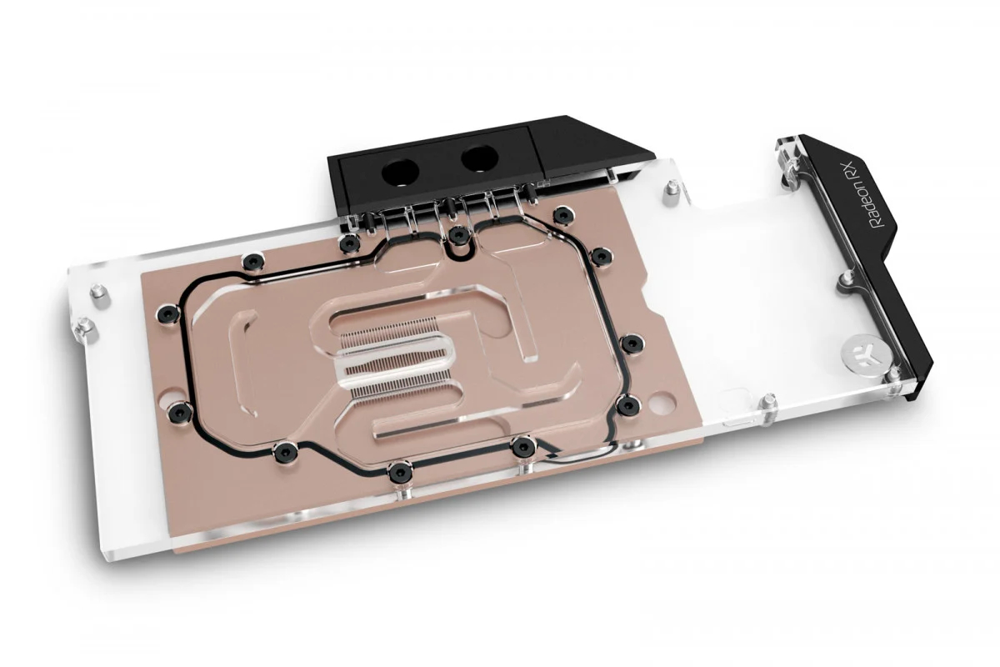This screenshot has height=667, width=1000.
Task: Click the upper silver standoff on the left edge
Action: tap(98, 292)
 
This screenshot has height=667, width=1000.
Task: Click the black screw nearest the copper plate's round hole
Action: tap(627, 405)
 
